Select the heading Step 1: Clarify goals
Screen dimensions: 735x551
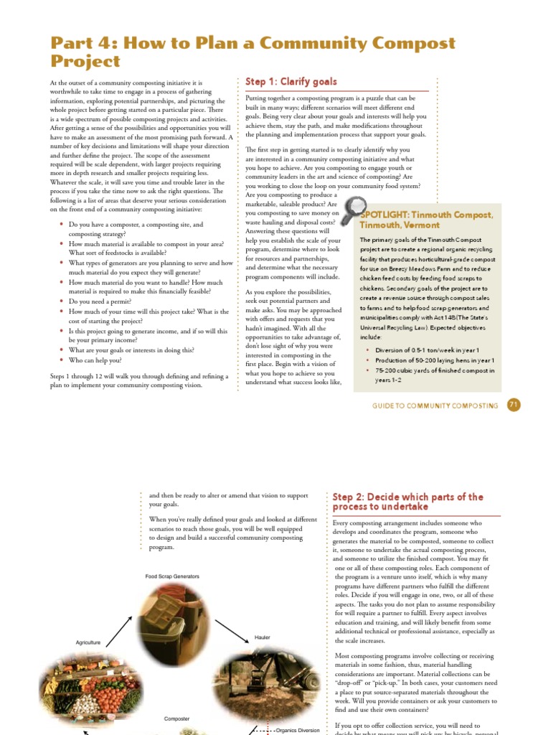(x=291, y=82)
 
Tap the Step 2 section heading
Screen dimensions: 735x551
(x=408, y=502)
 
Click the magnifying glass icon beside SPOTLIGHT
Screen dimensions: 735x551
(x=353, y=210)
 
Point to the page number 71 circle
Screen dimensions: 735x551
(x=513, y=405)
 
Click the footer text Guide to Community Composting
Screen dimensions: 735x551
(x=435, y=406)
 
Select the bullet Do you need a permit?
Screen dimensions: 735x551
(x=101, y=302)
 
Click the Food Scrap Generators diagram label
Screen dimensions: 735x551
(x=171, y=576)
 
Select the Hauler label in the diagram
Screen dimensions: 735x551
(x=262, y=637)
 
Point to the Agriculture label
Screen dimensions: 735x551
(x=88, y=642)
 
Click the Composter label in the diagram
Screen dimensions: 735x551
(x=176, y=718)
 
